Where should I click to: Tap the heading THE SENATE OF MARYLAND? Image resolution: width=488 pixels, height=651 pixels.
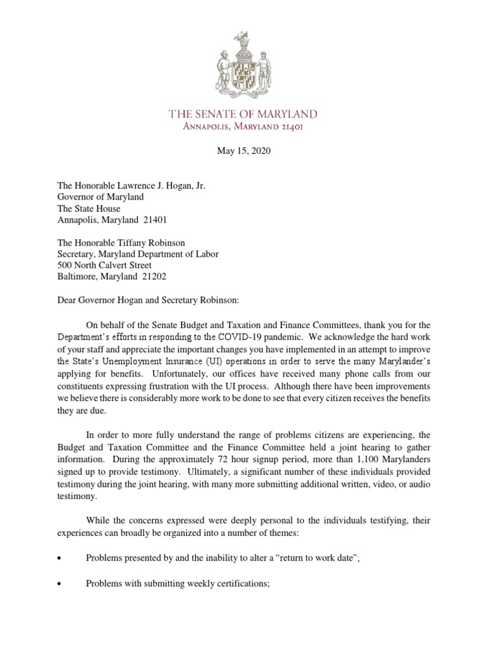[243, 114]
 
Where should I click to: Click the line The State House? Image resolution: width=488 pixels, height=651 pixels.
[89, 209]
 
